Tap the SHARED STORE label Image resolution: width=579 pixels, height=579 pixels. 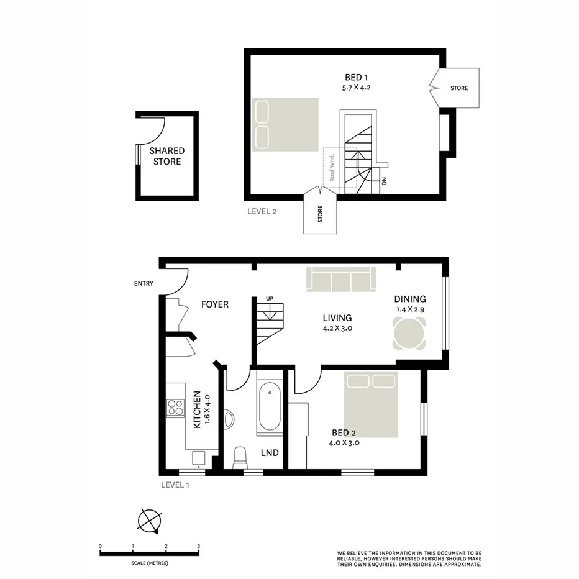tap(166, 156)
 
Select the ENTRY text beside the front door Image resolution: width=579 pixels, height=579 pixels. tap(144, 283)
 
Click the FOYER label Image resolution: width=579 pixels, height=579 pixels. tap(214, 304)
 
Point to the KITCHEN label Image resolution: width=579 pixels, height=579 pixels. tap(197, 409)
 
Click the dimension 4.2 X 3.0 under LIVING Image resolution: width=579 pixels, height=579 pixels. tap(337, 329)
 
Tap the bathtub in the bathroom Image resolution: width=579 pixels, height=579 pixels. tap(270, 407)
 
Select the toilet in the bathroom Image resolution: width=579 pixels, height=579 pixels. tap(239, 458)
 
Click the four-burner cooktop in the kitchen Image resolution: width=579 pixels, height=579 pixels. tap(175, 408)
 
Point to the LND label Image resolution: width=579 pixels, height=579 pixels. tap(270, 453)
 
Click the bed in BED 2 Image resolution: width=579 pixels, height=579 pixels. tap(372, 404)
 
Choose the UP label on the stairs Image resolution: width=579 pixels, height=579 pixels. tap(270, 299)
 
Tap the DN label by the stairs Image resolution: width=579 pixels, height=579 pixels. tap(384, 181)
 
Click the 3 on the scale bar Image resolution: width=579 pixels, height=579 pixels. tap(198, 546)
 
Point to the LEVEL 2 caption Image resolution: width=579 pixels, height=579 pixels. tap(262, 211)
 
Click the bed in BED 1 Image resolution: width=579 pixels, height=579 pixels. tap(285, 124)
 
